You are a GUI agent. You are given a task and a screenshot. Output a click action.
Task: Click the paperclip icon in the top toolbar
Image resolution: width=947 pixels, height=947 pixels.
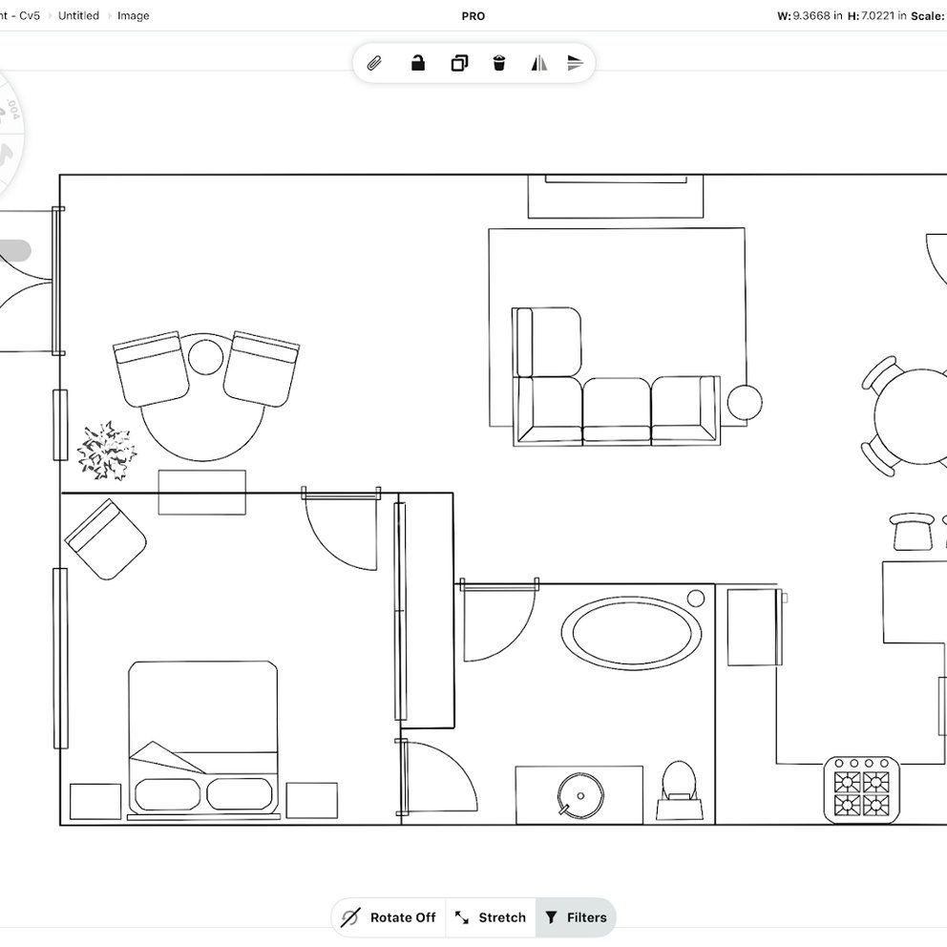[x=374, y=64]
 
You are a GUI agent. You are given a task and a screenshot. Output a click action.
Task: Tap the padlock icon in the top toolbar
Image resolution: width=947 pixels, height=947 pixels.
[x=417, y=64]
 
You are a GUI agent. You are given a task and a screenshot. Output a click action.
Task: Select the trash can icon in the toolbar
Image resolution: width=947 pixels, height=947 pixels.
[x=498, y=64]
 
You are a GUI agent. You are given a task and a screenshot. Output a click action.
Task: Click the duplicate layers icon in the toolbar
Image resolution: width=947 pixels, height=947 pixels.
[x=459, y=64]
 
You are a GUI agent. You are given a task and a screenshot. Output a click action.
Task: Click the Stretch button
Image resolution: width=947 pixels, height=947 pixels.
[x=491, y=917]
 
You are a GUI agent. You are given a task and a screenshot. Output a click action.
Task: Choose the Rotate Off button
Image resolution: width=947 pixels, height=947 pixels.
[x=389, y=917]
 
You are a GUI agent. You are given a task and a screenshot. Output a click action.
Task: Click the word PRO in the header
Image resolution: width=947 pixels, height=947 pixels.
[x=473, y=16]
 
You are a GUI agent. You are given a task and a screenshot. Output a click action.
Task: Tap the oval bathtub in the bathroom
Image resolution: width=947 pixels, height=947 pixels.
[x=631, y=632]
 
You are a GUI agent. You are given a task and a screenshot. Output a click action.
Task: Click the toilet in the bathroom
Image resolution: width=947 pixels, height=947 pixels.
[x=680, y=783]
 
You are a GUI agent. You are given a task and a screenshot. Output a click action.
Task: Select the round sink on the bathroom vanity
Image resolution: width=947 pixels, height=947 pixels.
[x=579, y=792]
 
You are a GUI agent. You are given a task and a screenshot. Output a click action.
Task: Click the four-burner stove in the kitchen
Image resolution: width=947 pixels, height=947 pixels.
[x=862, y=789]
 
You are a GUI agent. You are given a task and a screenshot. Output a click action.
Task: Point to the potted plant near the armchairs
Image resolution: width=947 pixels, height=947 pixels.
[x=106, y=450]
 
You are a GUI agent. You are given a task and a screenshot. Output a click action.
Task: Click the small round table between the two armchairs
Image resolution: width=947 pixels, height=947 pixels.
[x=205, y=357]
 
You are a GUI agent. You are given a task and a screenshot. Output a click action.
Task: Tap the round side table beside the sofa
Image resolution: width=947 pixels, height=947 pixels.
[x=745, y=402]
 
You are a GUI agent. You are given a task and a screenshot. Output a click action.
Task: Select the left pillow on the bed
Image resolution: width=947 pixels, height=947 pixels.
[x=169, y=794]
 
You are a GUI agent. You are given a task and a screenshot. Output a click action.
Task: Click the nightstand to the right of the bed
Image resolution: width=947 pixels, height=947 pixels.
[x=311, y=801]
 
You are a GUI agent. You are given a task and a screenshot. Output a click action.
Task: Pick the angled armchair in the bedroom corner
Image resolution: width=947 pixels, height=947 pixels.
[x=105, y=539]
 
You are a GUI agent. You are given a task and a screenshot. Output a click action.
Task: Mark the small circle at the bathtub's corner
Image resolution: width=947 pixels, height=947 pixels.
[x=696, y=598]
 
